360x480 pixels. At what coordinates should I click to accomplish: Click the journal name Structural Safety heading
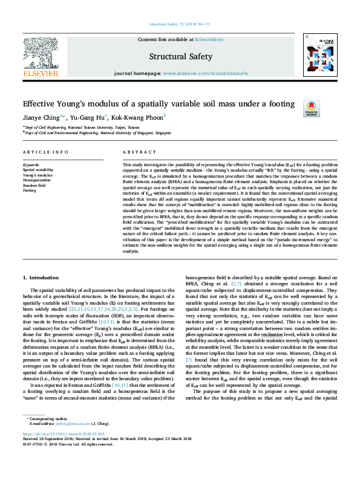[180, 56]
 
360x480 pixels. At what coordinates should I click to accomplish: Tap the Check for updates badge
[311, 108]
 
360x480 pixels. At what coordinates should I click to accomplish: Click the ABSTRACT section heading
[135, 153]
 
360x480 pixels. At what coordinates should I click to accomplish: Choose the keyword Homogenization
[36, 180]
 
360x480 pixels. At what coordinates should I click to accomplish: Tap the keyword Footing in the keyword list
[29, 190]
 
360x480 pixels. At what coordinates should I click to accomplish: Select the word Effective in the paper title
[44, 103]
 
